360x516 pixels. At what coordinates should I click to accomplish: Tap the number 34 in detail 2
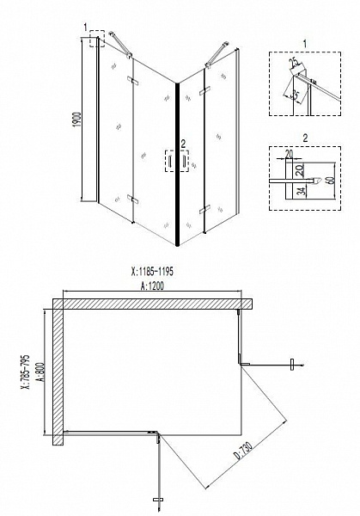299,190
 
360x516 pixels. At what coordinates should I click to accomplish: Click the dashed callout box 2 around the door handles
180,162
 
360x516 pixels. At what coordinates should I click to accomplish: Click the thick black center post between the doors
178,163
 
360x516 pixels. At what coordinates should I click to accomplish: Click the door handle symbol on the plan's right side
300,366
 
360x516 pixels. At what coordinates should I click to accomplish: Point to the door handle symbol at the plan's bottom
157,498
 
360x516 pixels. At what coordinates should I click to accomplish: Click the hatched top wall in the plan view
155,304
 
